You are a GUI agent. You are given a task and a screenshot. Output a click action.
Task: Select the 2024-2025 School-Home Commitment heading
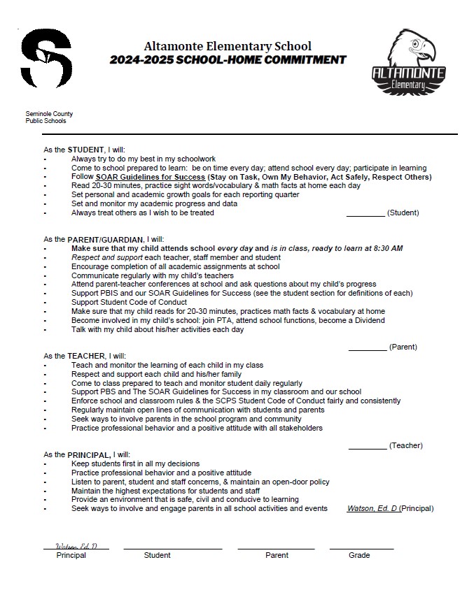[x=228, y=60]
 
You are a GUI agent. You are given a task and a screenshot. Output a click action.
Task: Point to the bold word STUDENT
[x=85, y=150]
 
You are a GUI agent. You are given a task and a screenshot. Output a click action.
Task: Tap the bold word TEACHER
[x=86, y=356]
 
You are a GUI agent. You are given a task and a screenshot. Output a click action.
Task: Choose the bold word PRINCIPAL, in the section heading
[x=90, y=454]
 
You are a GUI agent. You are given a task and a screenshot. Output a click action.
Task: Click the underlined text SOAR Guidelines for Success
[x=141, y=177]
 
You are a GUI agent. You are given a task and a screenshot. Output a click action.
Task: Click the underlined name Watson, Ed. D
[x=372, y=508]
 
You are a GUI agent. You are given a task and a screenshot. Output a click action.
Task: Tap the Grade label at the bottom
[x=359, y=556]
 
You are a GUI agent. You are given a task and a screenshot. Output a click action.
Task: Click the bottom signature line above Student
[x=172, y=548]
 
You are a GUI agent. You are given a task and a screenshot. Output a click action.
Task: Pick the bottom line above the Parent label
[x=276, y=548]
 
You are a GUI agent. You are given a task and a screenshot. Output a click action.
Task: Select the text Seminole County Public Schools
[x=49, y=117]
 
